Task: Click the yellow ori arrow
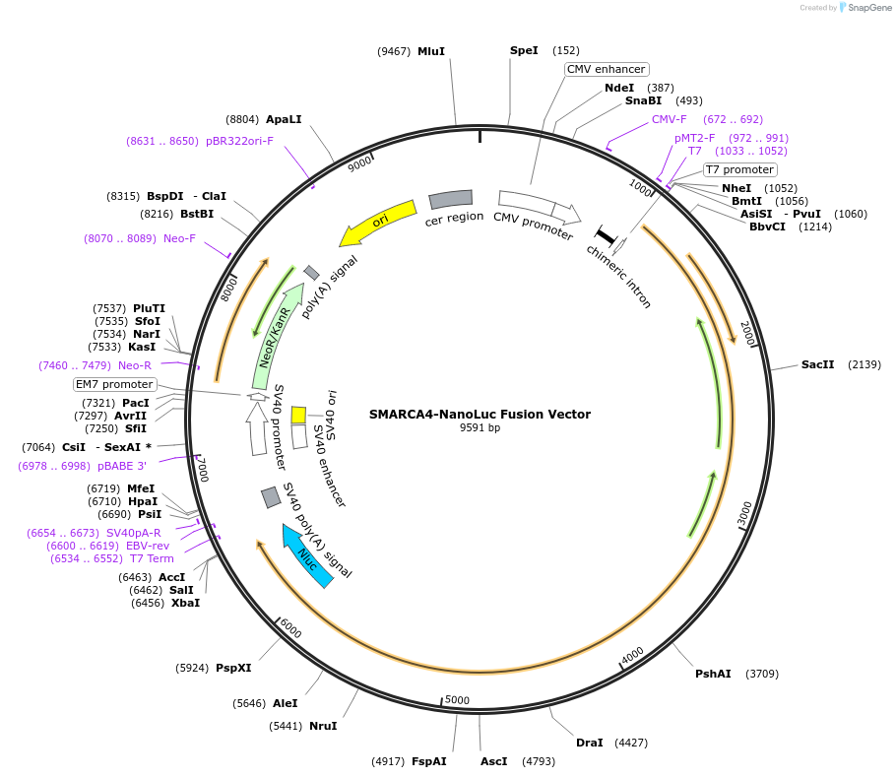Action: [378, 222]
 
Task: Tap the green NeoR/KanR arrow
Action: [277, 336]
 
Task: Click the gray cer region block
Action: [451, 199]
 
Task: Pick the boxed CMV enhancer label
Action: [607, 69]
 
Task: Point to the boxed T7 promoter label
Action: [740, 169]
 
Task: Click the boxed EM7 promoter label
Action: [114, 384]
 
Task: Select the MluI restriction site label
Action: [431, 51]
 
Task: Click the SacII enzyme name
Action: [817, 364]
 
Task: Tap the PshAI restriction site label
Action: [713, 674]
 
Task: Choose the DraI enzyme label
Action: [589, 743]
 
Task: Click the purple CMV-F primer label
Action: [670, 119]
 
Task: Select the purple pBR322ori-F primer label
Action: [239, 141]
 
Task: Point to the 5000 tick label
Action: [457, 700]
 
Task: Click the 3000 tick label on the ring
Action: [744, 514]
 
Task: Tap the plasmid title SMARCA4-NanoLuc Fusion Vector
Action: [480, 415]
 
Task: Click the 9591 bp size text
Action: [480, 427]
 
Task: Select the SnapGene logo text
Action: [869, 8]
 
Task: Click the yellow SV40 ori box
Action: [298, 415]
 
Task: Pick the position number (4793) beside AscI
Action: [539, 761]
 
